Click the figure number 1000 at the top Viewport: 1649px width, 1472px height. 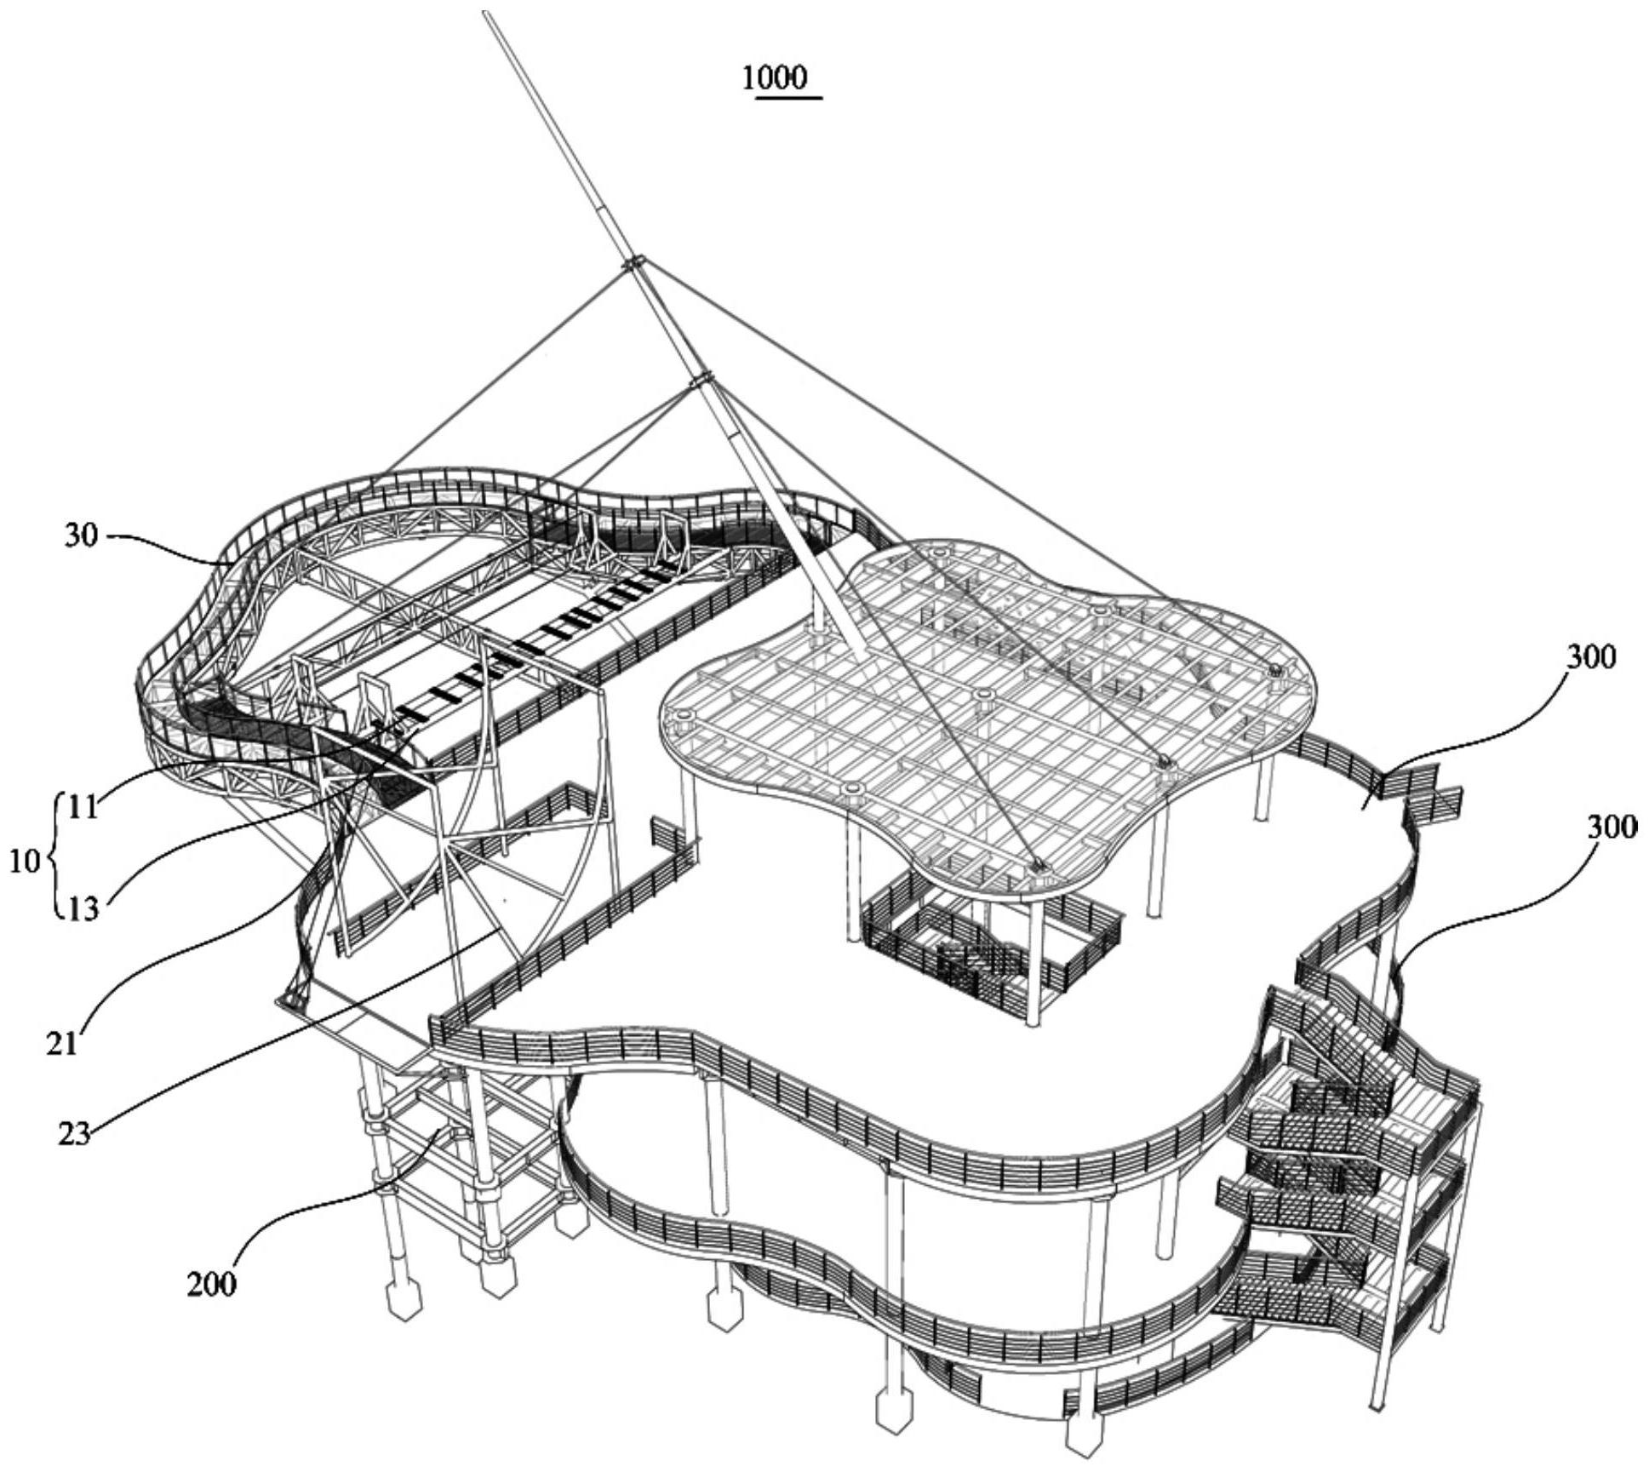click(773, 78)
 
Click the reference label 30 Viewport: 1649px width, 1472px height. click(80, 537)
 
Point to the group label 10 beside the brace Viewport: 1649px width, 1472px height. click(26, 861)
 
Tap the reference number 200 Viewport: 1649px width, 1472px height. click(211, 1283)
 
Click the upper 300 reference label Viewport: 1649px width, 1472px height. click(1589, 657)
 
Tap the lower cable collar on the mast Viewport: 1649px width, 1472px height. click(700, 380)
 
